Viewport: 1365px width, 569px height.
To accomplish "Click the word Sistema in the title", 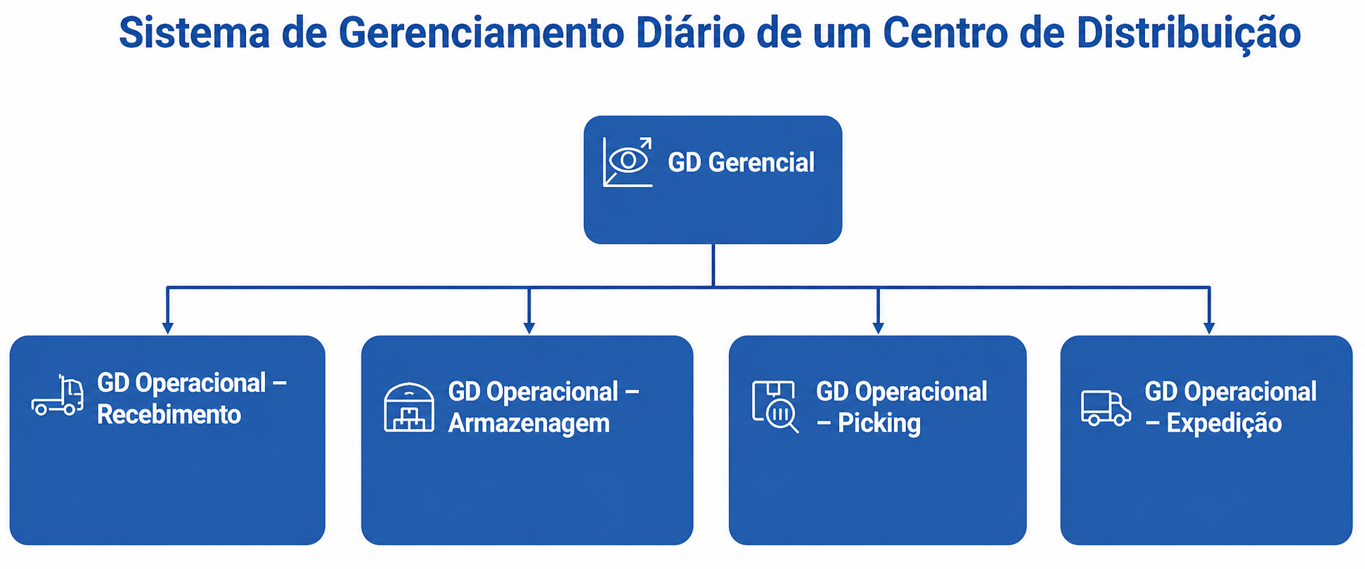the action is click(x=194, y=32).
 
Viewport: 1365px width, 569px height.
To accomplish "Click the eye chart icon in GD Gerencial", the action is click(x=628, y=162).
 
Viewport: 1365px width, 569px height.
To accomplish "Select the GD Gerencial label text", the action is click(x=741, y=162).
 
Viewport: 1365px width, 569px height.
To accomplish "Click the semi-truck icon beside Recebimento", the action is click(x=58, y=395).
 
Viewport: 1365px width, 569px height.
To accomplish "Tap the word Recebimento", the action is click(x=169, y=414).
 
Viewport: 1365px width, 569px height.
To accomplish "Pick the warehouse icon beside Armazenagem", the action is click(x=409, y=407).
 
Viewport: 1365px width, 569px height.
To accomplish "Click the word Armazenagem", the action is click(x=529, y=423).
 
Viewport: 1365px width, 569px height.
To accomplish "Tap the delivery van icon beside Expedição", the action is click(x=1106, y=408).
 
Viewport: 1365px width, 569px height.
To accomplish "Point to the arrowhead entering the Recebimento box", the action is click(x=167, y=328).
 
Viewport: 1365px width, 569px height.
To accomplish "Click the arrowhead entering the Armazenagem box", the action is click(x=529, y=328).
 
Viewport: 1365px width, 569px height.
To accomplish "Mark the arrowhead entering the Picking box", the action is click(x=878, y=328).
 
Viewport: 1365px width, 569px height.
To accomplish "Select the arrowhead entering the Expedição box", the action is click(x=1209, y=328).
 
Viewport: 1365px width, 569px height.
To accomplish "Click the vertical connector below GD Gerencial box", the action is click(x=713, y=265).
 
